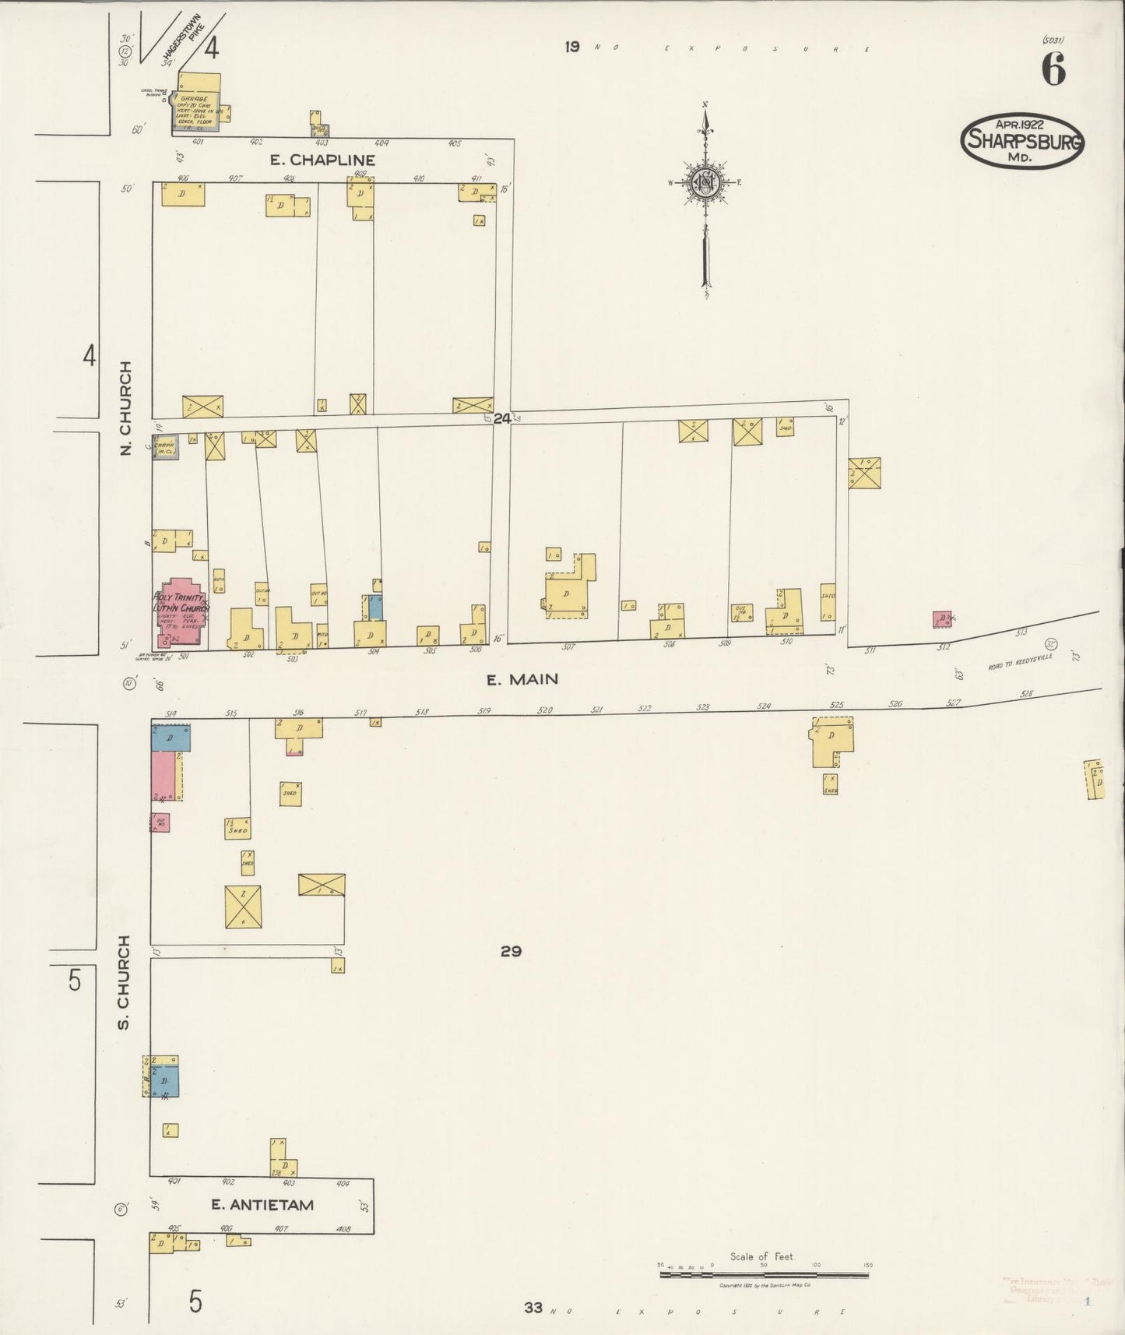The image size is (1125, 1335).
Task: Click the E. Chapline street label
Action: point(322,160)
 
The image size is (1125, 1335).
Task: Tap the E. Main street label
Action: point(522,679)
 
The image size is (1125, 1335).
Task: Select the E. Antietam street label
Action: point(262,1204)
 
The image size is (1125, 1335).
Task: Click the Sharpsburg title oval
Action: point(1021,141)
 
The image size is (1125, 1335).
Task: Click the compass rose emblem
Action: point(705,183)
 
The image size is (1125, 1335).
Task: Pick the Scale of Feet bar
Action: point(765,1275)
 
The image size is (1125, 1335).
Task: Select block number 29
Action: point(511,951)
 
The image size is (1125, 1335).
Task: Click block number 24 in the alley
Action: point(501,418)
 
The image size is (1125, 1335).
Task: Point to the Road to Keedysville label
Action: point(1020,661)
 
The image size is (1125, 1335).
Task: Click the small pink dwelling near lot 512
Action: point(943,619)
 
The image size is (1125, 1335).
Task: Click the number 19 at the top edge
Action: point(572,47)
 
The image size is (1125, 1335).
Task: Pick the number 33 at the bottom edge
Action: point(533,1308)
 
